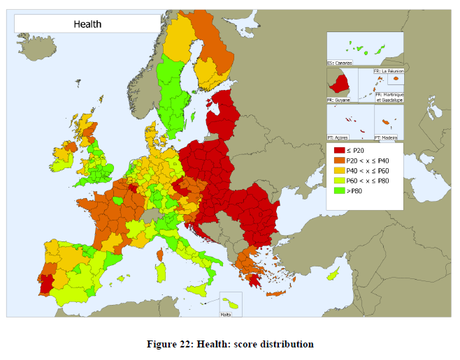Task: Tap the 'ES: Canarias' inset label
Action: coord(343,64)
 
